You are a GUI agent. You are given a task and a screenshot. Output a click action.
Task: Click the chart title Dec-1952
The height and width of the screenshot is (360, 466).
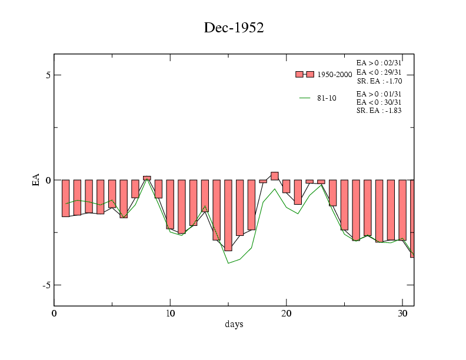tap(234, 28)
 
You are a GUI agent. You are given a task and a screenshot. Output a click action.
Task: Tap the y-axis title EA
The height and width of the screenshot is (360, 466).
tap(36, 180)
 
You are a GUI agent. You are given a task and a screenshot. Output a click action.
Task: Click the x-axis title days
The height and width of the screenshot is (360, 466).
tap(234, 324)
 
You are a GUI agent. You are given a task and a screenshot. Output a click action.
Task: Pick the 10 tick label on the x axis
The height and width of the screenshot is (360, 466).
tap(170, 312)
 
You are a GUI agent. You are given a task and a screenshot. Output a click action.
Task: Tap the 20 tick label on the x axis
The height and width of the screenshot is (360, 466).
tap(287, 312)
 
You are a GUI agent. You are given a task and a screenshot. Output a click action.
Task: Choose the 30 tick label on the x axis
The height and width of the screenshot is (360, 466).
tap(402, 312)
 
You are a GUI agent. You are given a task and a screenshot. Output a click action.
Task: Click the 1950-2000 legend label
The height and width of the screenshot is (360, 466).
tap(335, 75)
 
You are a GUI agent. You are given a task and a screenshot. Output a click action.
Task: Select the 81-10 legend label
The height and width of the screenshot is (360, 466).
tap(327, 98)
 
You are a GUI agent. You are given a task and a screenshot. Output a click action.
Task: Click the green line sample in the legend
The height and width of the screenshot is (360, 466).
tap(305, 98)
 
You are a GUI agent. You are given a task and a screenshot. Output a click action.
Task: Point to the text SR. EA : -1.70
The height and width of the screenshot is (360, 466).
tap(379, 81)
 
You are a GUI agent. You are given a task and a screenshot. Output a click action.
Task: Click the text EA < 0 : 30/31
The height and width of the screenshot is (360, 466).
tap(379, 102)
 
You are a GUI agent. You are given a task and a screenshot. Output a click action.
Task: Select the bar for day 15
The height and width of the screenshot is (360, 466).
tap(228, 215)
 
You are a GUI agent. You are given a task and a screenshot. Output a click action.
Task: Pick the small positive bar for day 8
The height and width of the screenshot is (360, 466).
tap(147, 178)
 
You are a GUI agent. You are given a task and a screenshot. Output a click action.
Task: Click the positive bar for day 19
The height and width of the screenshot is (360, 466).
tap(275, 176)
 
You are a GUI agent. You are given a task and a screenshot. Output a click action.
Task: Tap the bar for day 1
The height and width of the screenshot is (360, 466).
tap(66, 198)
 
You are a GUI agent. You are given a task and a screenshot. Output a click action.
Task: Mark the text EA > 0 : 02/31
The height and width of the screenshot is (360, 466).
tap(379, 62)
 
